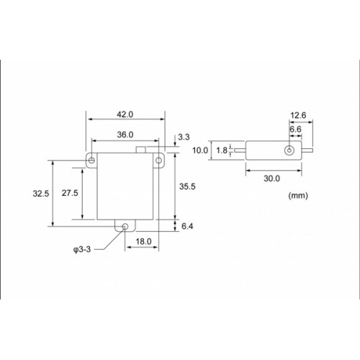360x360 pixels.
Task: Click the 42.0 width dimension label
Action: [x=125, y=114]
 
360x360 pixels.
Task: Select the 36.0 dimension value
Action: [x=125, y=135]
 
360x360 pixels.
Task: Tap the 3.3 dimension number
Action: [x=184, y=137]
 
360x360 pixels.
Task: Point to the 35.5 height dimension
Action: [x=187, y=186]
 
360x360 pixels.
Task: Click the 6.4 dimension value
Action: [x=187, y=226]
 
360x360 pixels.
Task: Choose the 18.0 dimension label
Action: [x=143, y=241]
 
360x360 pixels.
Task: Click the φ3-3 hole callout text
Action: [x=82, y=250]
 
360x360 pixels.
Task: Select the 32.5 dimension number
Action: [x=41, y=194]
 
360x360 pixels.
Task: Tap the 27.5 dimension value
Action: [x=70, y=193]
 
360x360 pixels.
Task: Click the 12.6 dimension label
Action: [x=298, y=115]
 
